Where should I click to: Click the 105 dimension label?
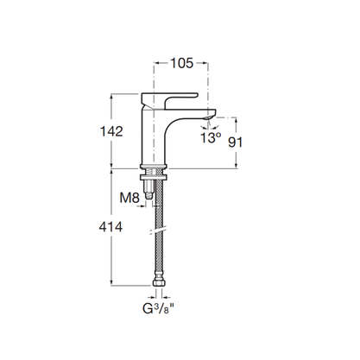click(x=182, y=63)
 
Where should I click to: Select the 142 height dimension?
click(x=111, y=131)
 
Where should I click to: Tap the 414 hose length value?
click(x=111, y=227)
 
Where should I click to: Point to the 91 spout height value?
click(x=235, y=142)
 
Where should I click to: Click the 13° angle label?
click(x=211, y=138)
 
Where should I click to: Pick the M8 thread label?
click(x=129, y=198)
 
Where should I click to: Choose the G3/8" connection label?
click(x=159, y=309)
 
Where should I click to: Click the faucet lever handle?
click(x=169, y=101)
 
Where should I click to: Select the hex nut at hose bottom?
click(x=159, y=282)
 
